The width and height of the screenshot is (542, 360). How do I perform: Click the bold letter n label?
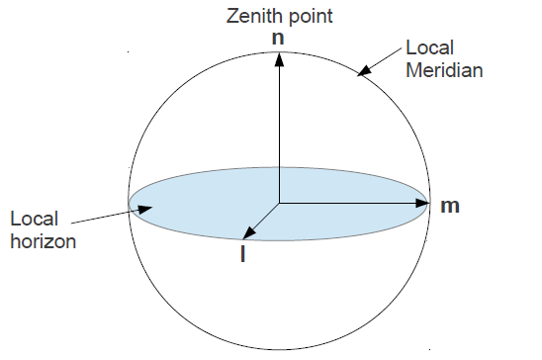pyautogui.click(x=280, y=38)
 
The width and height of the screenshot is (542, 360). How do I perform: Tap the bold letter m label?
pyautogui.click(x=450, y=206)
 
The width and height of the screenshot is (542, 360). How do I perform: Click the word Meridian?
pyautogui.click(x=442, y=71)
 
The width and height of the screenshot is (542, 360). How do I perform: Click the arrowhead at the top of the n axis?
pyautogui.click(x=280, y=56)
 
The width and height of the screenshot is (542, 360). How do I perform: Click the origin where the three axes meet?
pyautogui.click(x=280, y=205)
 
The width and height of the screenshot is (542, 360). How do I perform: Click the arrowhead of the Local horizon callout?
pyautogui.click(x=145, y=209)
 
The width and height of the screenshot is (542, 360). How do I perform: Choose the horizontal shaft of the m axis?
pyautogui.click(x=346, y=205)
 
